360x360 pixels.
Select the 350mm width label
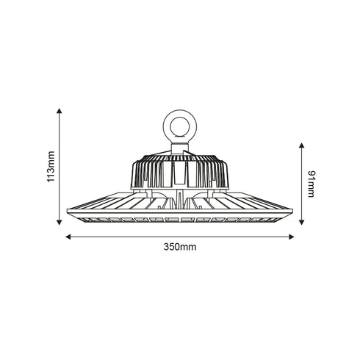pyautogui.click(x=181, y=248)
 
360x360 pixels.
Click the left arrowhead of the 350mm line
pyautogui.click(x=68, y=237)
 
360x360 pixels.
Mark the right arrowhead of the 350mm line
pyautogui.click(x=292, y=237)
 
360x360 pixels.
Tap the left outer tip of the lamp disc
pyautogui.click(x=68, y=212)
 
